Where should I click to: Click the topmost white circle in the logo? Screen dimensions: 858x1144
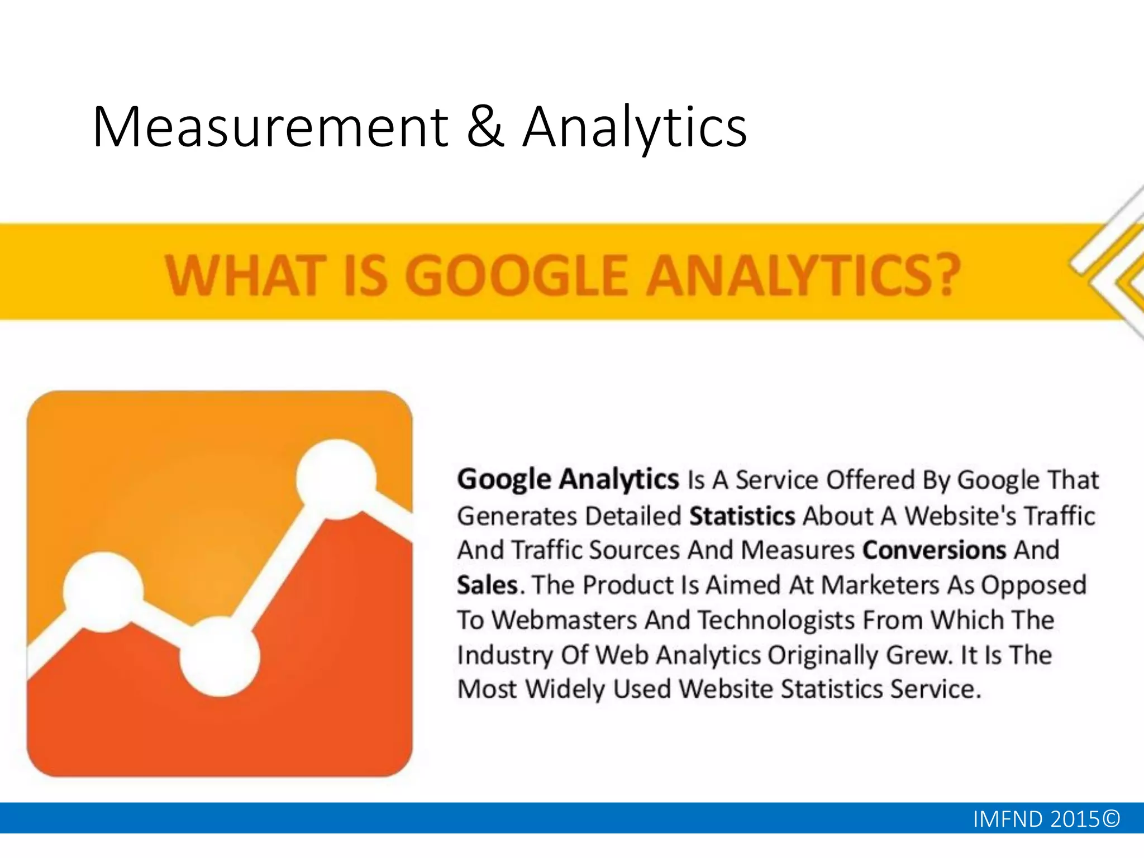pos(336,479)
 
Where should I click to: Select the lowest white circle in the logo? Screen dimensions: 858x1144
pos(220,657)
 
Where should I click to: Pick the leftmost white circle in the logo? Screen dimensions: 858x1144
pos(103,592)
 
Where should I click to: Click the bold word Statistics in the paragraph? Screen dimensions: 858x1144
pos(742,516)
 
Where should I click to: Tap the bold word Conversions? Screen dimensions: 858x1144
pos(934,550)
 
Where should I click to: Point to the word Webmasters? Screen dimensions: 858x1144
pos(564,620)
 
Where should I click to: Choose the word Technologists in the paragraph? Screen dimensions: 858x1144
pos(776,620)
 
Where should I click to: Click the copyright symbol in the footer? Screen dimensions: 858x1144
pos(1112,818)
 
